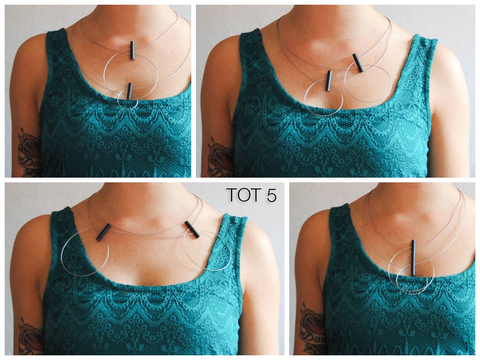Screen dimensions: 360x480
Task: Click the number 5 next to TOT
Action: pyautogui.click(x=271, y=195)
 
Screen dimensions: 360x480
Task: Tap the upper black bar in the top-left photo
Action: pyautogui.click(x=132, y=50)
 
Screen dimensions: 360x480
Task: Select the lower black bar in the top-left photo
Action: pyautogui.click(x=129, y=91)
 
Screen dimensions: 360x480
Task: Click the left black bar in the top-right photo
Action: pyautogui.click(x=329, y=81)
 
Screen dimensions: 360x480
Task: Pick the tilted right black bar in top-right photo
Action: pyautogui.click(x=358, y=63)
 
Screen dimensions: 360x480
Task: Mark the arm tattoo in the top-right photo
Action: pyautogui.click(x=219, y=157)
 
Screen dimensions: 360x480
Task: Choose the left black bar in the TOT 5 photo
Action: pyautogui.click(x=104, y=232)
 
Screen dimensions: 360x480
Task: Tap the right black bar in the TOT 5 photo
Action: pyautogui.click(x=192, y=229)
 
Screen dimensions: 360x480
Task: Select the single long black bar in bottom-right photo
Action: pyautogui.click(x=413, y=258)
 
